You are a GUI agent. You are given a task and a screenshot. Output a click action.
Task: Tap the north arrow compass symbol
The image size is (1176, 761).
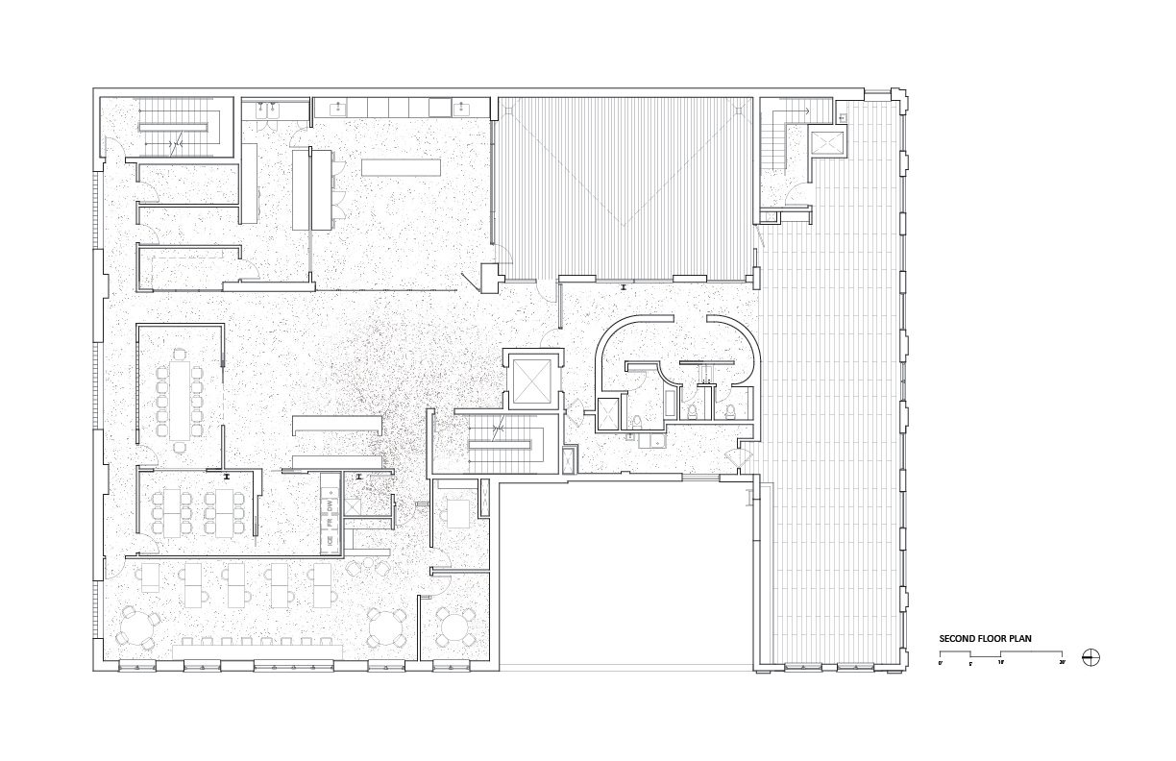point(1090,658)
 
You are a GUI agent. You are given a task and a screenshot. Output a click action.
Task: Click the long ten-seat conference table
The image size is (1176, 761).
point(180,393)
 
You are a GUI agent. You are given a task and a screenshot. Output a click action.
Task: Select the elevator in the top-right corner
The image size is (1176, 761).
point(825,142)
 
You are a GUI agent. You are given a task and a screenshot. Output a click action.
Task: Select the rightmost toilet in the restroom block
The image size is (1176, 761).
point(731,410)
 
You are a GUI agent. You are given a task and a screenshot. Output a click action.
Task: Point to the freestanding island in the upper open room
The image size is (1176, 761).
point(402,167)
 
